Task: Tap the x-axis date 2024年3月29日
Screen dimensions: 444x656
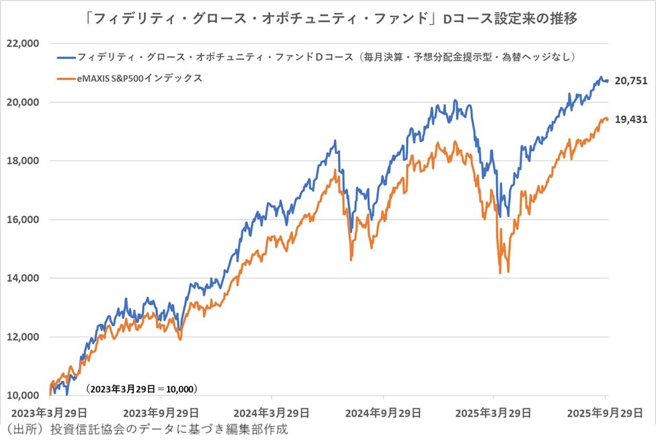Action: tap(273, 412)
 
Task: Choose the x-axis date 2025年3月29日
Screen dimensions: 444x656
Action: tap(496, 412)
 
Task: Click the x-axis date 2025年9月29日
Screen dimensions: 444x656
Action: tap(607, 412)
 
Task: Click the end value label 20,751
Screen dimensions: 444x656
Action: tap(630, 81)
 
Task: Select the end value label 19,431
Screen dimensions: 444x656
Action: tap(630, 120)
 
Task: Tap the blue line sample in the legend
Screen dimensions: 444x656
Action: tap(66, 57)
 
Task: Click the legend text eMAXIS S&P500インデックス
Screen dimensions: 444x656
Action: tap(140, 79)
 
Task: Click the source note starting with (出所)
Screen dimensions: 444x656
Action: tap(149, 429)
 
